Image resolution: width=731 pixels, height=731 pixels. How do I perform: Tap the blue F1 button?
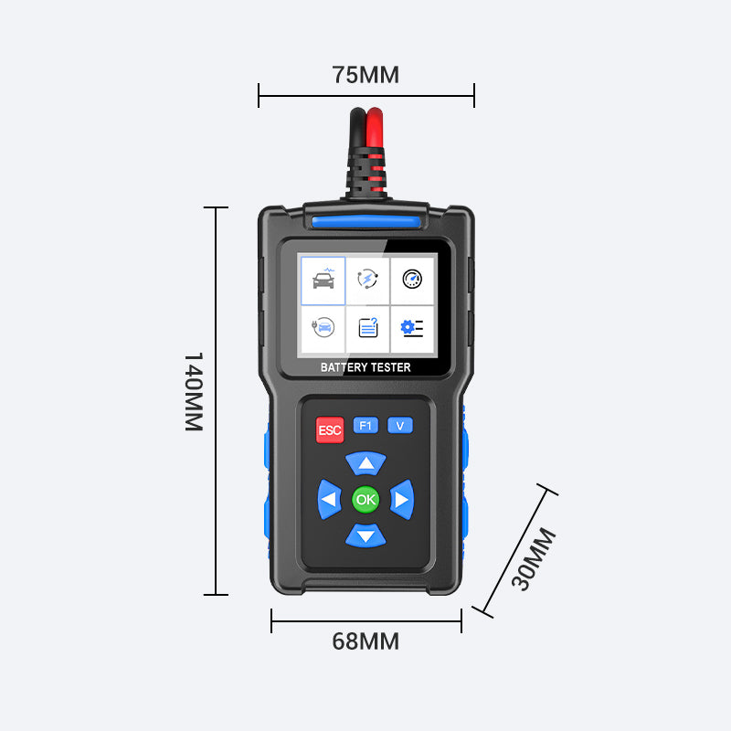pyautogui.click(x=365, y=425)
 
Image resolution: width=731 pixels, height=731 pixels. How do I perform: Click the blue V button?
pyautogui.click(x=400, y=425)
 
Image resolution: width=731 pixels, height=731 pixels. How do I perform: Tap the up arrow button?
pyautogui.click(x=366, y=463)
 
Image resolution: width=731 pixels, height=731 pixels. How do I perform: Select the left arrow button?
pyautogui.click(x=329, y=499)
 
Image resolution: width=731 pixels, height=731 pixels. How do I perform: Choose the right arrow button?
pyautogui.click(x=402, y=499)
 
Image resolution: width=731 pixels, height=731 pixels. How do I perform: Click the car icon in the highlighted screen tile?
pyautogui.click(x=323, y=279)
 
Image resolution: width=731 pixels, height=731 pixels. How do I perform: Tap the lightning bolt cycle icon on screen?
pyautogui.click(x=367, y=279)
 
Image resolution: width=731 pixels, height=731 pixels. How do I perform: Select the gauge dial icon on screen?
pyautogui.click(x=412, y=279)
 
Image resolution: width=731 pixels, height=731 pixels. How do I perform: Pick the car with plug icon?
pyautogui.click(x=323, y=327)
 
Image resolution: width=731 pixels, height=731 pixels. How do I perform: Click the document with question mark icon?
pyautogui.click(x=368, y=327)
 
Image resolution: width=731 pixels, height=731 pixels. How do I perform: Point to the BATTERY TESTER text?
pyautogui.click(x=365, y=367)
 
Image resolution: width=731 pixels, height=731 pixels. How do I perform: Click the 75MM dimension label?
pyautogui.click(x=365, y=75)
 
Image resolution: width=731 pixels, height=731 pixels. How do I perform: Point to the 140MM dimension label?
pyautogui.click(x=194, y=392)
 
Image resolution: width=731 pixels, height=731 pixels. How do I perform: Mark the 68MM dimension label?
pyautogui.click(x=365, y=641)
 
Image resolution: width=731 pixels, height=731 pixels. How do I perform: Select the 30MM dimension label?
pyautogui.click(x=534, y=559)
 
